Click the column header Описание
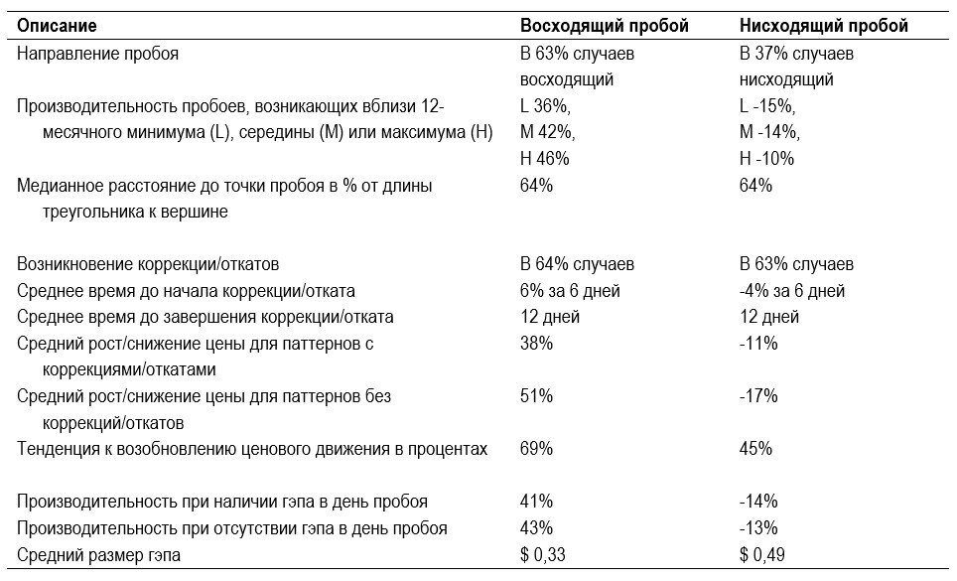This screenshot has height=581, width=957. pyautogui.click(x=57, y=26)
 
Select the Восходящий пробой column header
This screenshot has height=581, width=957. pyautogui.click(x=605, y=26)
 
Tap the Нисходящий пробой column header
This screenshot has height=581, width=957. pyautogui.click(x=824, y=26)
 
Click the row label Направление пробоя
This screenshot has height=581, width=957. pyautogui.click(x=97, y=54)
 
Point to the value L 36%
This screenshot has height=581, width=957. pyautogui.click(x=545, y=106)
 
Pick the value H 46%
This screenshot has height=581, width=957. pyautogui.click(x=544, y=159)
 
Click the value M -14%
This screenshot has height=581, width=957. pyautogui.click(x=769, y=132)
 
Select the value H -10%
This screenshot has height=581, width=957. pyautogui.click(x=766, y=159)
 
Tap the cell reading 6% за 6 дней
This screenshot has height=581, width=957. pyautogui.click(x=570, y=290)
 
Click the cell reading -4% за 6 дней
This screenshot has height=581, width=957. pyautogui.click(x=792, y=290)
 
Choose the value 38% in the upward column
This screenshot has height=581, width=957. pyautogui.click(x=536, y=343)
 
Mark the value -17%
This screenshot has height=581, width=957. pyautogui.click(x=758, y=396)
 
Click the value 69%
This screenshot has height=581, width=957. pyautogui.click(x=536, y=449)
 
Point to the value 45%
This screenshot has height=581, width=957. pyautogui.click(x=755, y=449)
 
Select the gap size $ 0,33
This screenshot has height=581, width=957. pyautogui.click(x=543, y=555)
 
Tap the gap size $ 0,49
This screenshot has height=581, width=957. pyautogui.click(x=762, y=555)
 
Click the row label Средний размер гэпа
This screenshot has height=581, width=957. pyautogui.click(x=99, y=555)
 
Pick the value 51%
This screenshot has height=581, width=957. pyautogui.click(x=536, y=396)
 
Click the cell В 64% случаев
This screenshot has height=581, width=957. pyautogui.click(x=577, y=264)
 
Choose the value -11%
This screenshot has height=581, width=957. pyautogui.click(x=758, y=343)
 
